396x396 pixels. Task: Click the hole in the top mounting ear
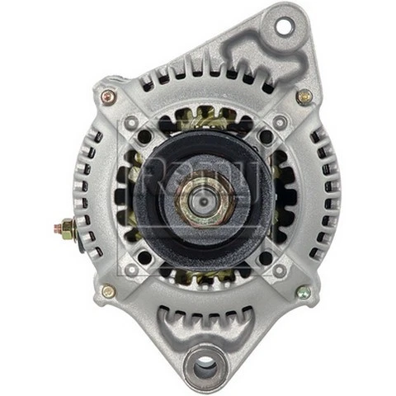[283, 26]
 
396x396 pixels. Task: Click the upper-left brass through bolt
[108, 97]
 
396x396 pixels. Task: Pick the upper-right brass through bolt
[304, 96]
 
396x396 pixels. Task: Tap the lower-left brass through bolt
[108, 291]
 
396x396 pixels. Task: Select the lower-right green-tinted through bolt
[303, 291]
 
